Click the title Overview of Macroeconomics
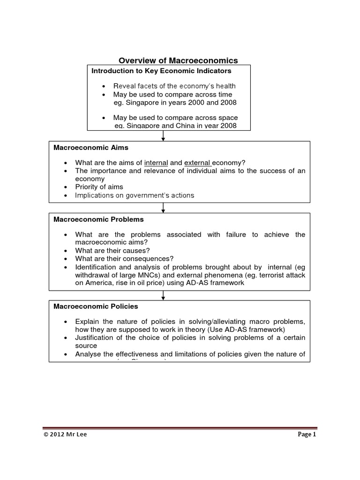[x=178, y=60]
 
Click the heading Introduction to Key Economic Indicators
[x=161, y=71]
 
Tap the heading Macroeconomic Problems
[x=98, y=219]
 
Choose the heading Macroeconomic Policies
[x=96, y=306]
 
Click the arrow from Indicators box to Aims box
[x=163, y=135]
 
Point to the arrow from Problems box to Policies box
[x=163, y=294]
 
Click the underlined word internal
[x=156, y=163]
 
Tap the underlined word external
[x=197, y=163]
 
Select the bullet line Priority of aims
[x=99, y=187]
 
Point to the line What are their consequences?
[x=124, y=258]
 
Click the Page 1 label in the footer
[x=307, y=435]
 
